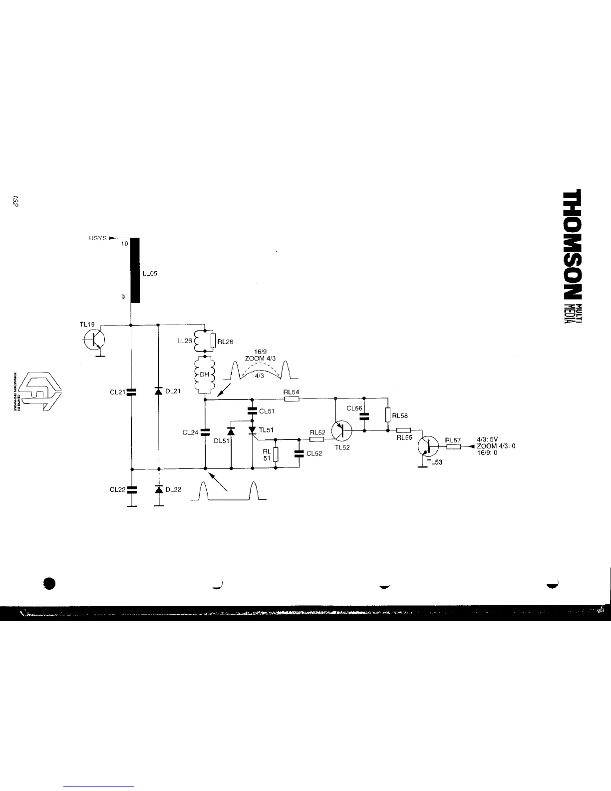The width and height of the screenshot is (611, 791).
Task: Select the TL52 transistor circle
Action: click(x=341, y=429)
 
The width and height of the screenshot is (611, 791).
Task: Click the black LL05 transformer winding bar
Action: click(x=134, y=271)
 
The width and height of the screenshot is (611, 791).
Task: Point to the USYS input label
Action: click(x=98, y=238)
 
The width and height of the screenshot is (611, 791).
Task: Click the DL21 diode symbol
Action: click(x=159, y=391)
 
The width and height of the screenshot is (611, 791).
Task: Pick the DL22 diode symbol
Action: click(x=159, y=489)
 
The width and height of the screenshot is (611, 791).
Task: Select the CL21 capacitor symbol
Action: click(x=131, y=392)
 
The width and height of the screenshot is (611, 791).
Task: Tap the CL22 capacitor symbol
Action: click(x=131, y=489)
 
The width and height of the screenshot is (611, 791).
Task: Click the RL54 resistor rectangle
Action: click(x=291, y=398)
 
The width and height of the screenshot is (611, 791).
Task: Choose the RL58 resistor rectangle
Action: click(x=388, y=415)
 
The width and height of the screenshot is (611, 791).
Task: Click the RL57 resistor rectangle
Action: click(x=453, y=446)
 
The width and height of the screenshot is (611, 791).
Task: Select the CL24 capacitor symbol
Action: click(x=205, y=432)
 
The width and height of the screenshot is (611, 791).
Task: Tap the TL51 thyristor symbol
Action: click(x=252, y=430)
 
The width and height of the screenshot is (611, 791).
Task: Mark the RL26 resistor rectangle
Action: click(x=213, y=341)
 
